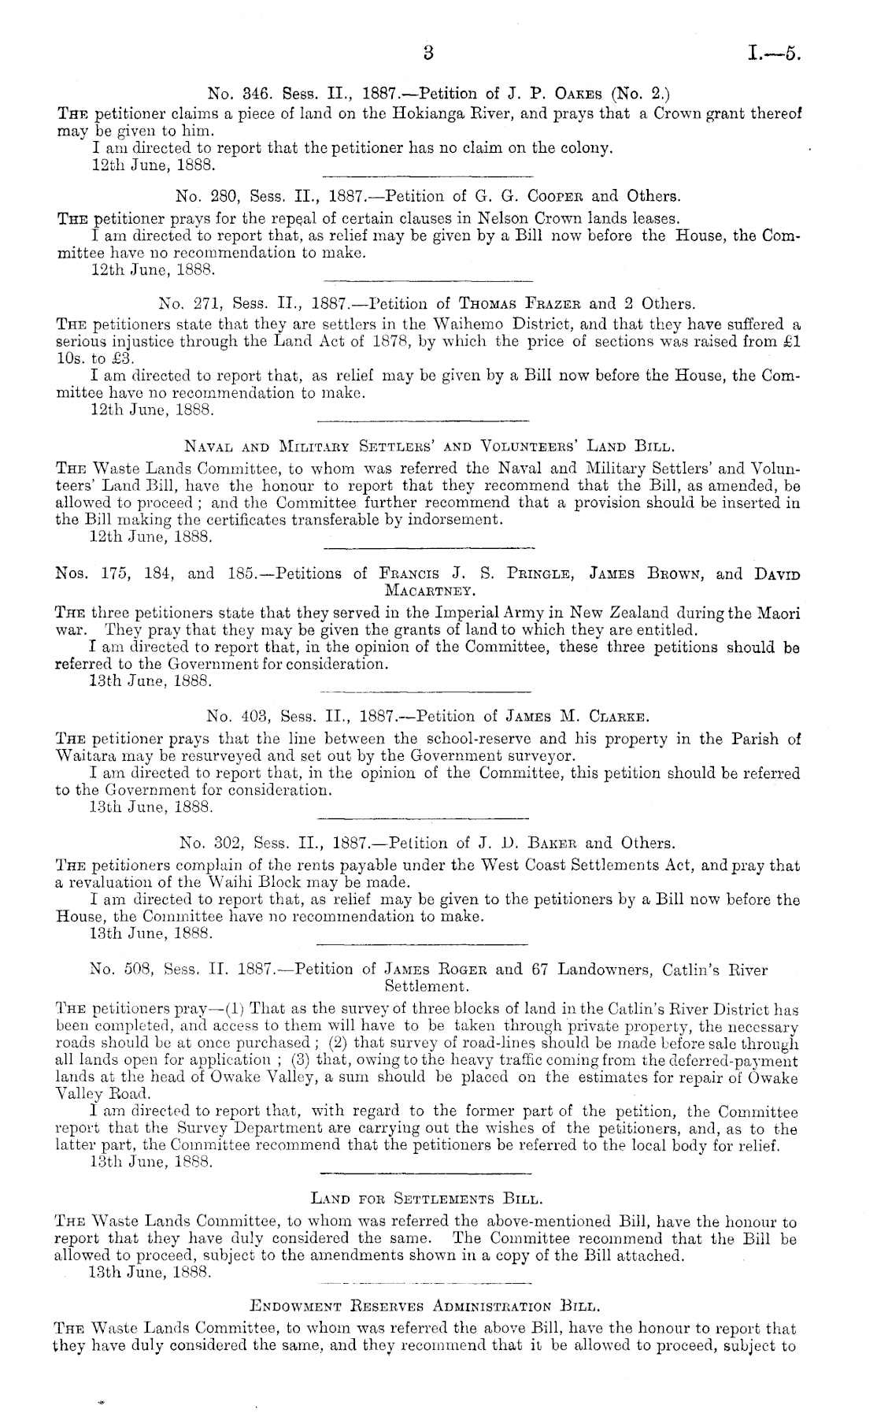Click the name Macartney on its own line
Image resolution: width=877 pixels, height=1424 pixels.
click(x=427, y=590)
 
